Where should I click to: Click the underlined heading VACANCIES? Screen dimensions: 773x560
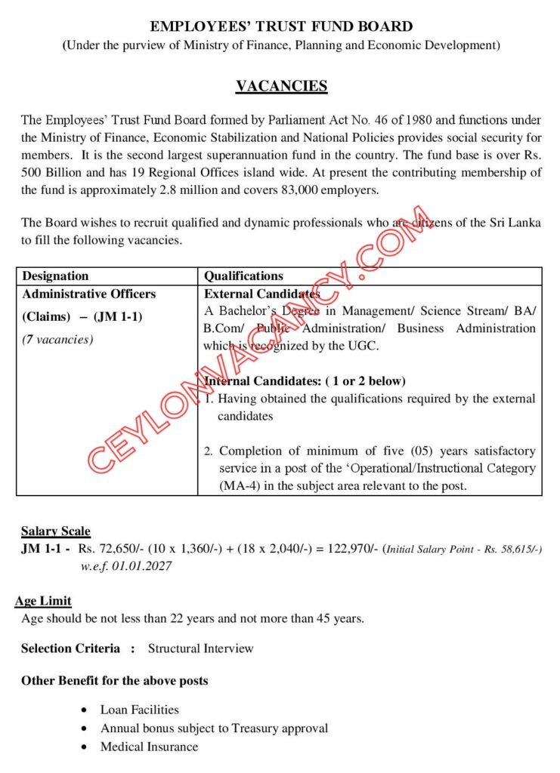(x=281, y=86)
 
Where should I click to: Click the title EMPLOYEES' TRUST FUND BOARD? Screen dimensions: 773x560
(x=281, y=27)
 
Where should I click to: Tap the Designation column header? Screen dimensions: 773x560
(x=55, y=276)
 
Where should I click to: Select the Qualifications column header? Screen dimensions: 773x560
(x=243, y=276)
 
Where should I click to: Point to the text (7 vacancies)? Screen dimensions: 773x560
(x=57, y=339)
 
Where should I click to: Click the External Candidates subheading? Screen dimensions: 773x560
(x=262, y=294)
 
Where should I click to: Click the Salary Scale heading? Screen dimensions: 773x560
(x=55, y=531)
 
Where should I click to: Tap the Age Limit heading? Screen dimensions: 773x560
(x=43, y=601)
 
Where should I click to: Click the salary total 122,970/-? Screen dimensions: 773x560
(x=351, y=550)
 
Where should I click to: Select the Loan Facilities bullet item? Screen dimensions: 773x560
(x=140, y=710)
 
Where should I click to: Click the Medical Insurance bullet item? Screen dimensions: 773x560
(x=149, y=747)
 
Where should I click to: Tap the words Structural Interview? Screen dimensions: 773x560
(x=200, y=648)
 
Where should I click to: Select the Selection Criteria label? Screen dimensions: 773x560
(x=70, y=648)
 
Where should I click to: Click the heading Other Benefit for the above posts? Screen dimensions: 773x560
(x=114, y=681)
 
